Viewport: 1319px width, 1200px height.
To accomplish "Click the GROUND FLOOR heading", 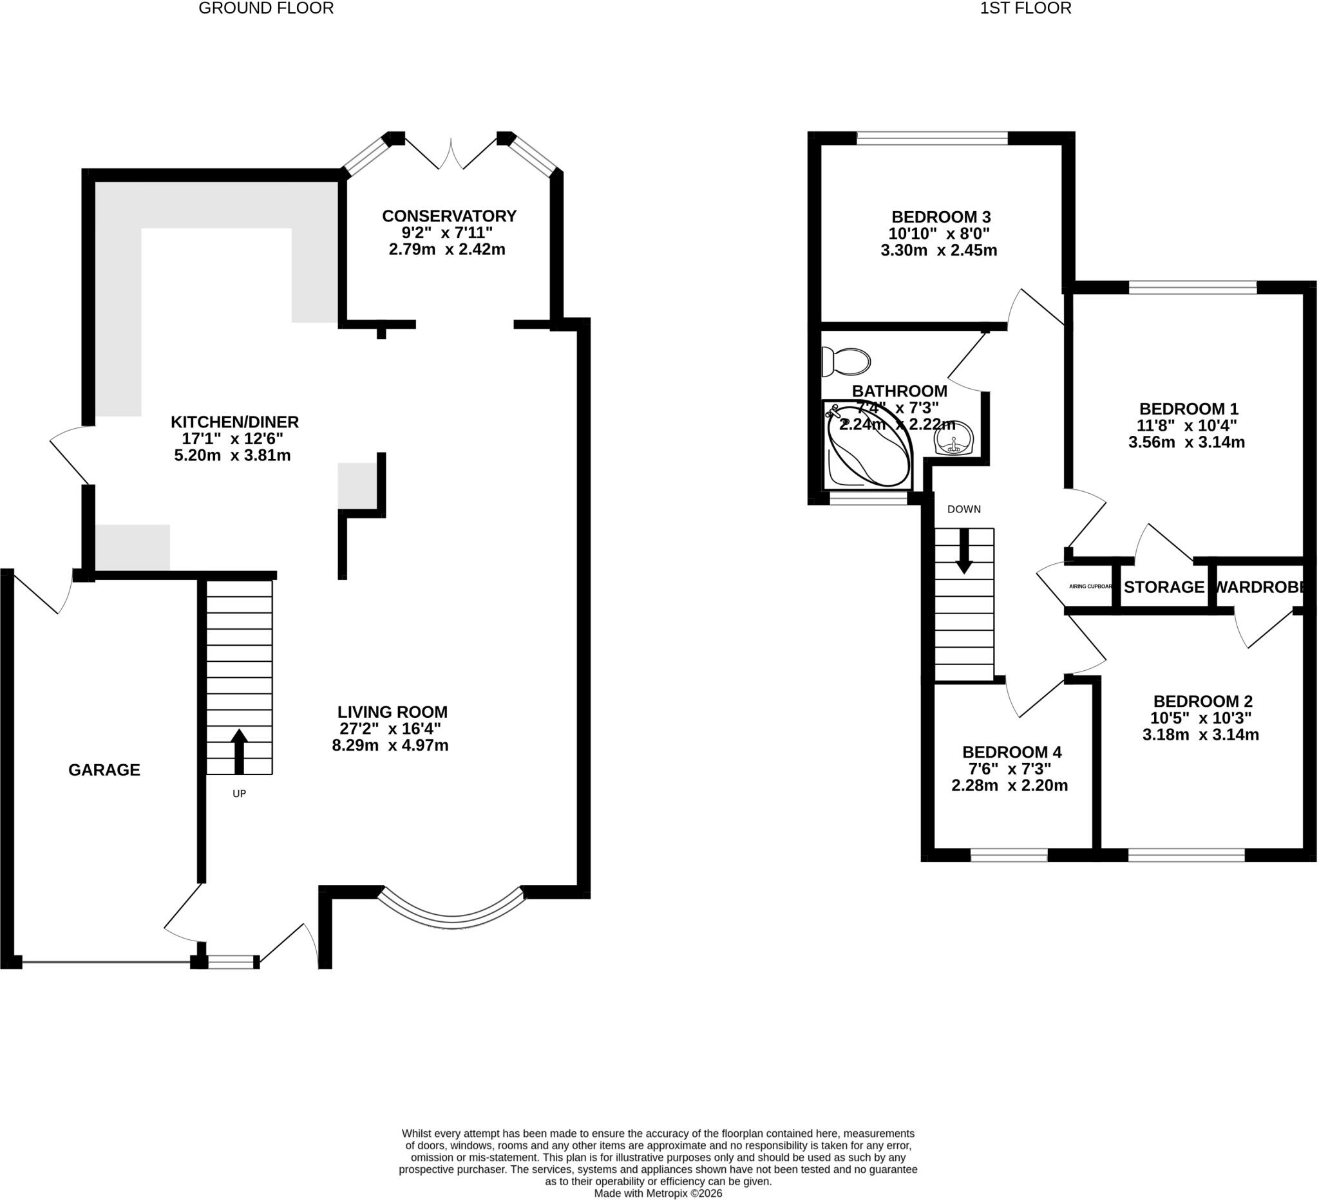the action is click(266, 8).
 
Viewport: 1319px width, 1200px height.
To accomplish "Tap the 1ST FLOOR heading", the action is click(1026, 8).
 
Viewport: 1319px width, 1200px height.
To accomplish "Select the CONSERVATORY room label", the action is click(450, 216).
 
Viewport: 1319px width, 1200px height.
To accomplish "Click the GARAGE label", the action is click(105, 770).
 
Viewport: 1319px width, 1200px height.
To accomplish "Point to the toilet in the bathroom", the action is click(846, 362).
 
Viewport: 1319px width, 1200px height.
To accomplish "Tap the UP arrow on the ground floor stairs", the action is click(240, 751).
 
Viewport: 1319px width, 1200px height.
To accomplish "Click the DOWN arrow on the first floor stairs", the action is click(963, 550).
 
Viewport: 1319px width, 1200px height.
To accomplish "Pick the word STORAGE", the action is click(1164, 586).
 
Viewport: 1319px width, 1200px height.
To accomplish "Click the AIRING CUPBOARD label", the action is click(1090, 586).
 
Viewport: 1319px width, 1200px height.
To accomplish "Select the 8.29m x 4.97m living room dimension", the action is click(390, 745).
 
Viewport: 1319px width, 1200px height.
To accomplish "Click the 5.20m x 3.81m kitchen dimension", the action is click(232, 455).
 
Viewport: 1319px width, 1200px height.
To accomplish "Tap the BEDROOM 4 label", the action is click(1012, 752).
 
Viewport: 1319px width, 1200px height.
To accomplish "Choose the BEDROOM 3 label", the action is click(942, 216).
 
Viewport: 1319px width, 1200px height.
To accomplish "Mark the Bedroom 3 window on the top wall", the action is click(933, 138).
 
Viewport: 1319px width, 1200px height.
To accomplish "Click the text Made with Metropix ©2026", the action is click(658, 1194).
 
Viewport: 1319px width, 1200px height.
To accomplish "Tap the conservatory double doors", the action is click(451, 155).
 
